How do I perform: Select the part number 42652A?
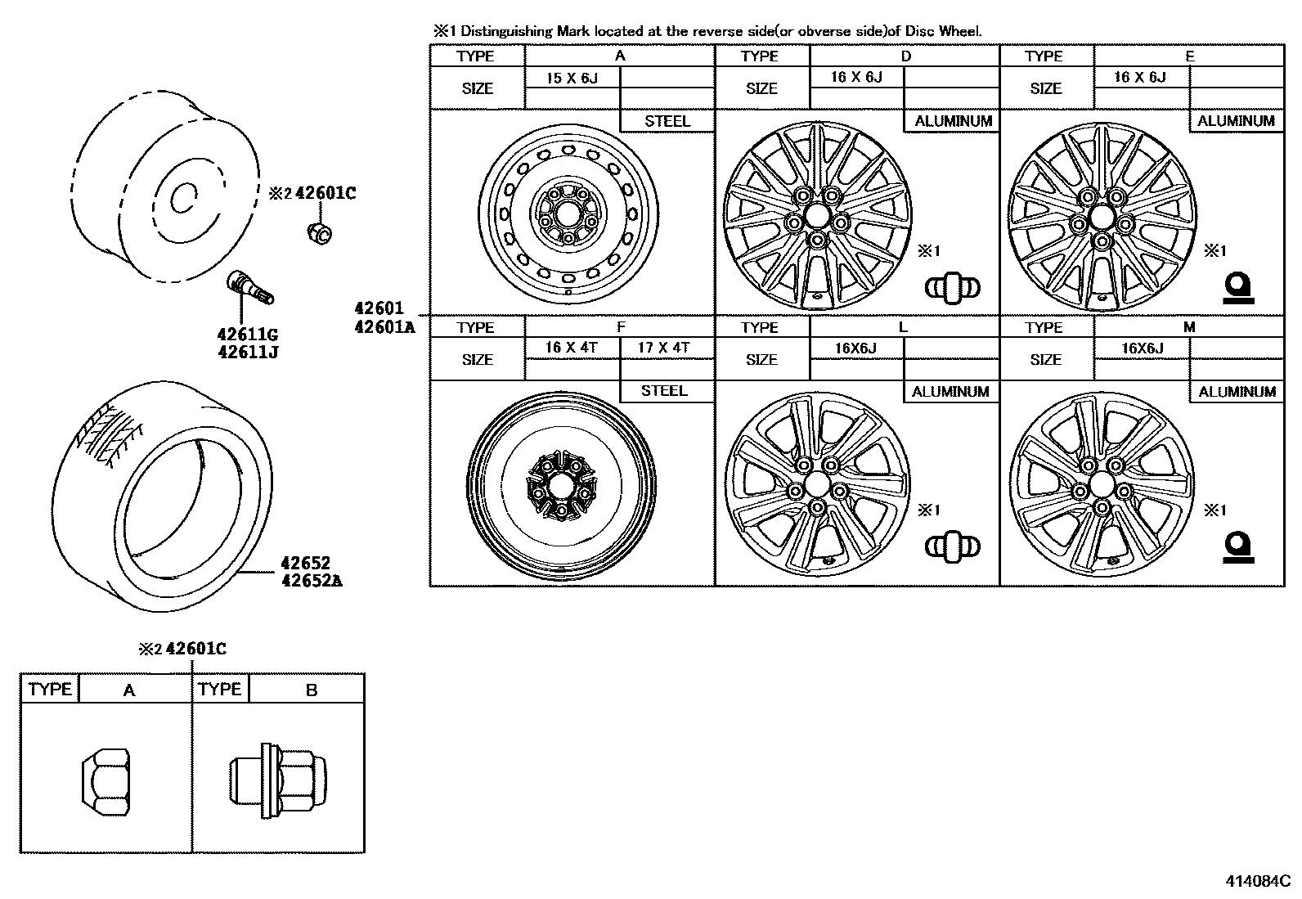(311, 582)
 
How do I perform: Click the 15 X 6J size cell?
(572, 78)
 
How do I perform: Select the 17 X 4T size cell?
(664, 348)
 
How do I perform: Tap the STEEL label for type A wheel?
(667, 121)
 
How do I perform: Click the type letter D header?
(905, 56)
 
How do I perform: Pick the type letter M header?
(1189, 327)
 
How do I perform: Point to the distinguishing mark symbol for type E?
(1238, 289)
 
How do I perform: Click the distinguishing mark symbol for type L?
(952, 547)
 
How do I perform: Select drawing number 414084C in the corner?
(1257, 882)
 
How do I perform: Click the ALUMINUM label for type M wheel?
(1237, 392)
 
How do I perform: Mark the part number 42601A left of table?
(384, 327)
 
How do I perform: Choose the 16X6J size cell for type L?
(855, 348)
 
